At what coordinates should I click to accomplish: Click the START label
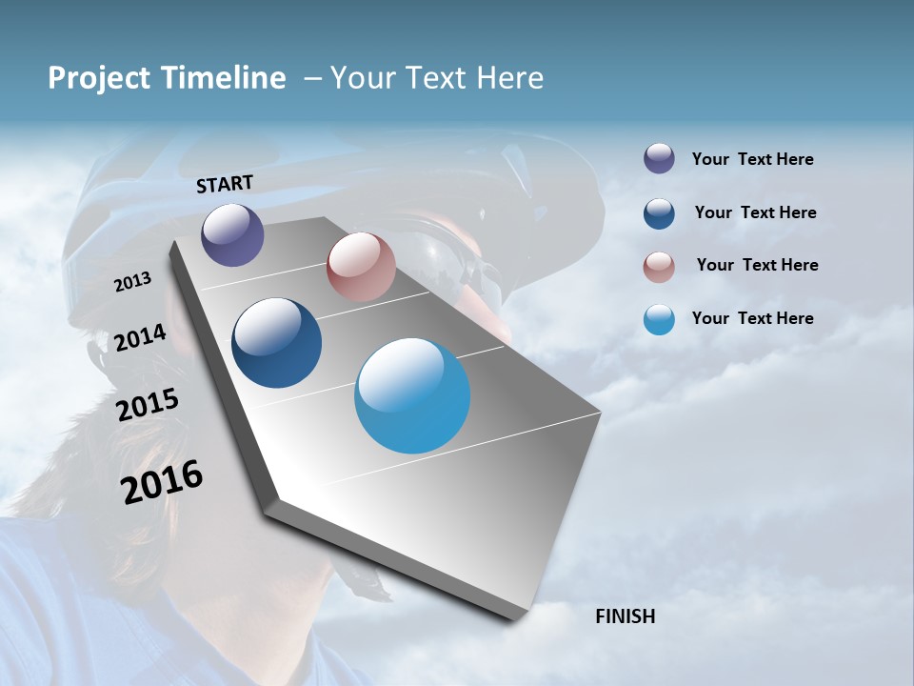tap(225, 184)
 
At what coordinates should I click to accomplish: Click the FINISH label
tap(626, 616)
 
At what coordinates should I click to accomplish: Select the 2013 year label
tap(133, 282)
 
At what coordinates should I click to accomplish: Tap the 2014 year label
tap(141, 337)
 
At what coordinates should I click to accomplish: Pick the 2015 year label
tap(148, 405)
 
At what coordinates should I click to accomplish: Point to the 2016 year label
tap(162, 481)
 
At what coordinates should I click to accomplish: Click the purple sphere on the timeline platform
tap(232, 234)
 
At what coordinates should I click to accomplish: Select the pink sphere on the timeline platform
tap(361, 267)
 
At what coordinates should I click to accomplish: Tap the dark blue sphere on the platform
tap(277, 343)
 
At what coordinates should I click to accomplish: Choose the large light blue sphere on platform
tap(412, 395)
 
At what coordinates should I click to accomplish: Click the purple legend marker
tap(659, 159)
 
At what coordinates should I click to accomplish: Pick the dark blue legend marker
tap(659, 213)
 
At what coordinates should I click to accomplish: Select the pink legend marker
tap(659, 267)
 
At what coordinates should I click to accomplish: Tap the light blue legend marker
tap(659, 319)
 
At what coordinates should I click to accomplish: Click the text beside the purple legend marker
tap(752, 159)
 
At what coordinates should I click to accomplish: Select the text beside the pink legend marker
tap(757, 265)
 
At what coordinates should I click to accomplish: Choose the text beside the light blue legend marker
tap(752, 318)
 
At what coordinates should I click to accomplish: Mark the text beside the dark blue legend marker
tap(755, 212)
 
